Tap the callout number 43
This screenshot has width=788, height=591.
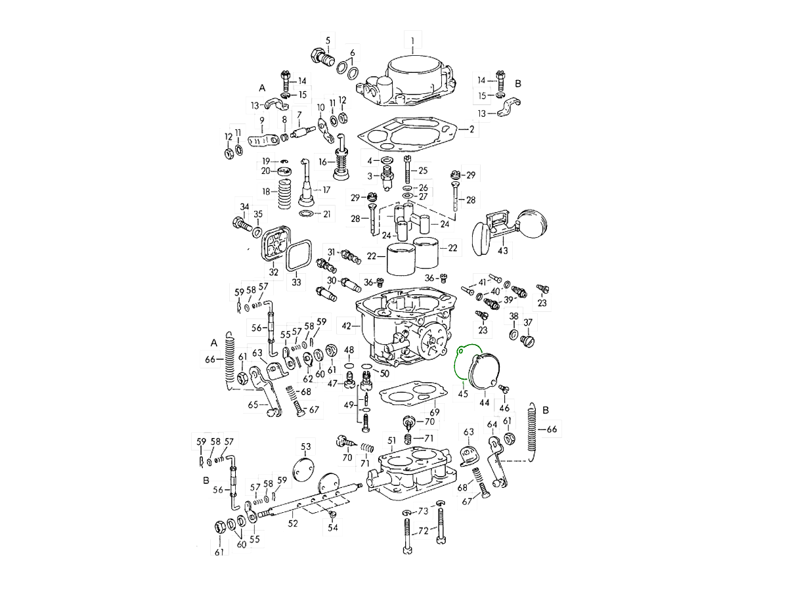click(x=503, y=251)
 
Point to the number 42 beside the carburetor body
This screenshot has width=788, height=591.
click(x=347, y=325)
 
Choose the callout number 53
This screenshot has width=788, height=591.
click(x=306, y=447)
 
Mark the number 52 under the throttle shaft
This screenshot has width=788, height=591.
click(x=293, y=523)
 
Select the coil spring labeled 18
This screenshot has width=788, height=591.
click(x=284, y=192)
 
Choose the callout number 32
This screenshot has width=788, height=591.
click(x=273, y=272)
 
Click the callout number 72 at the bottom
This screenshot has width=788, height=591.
click(x=424, y=530)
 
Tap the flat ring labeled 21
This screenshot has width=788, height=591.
click(x=306, y=215)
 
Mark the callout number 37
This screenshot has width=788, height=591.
click(x=527, y=322)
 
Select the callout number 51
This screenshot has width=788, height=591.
click(x=391, y=440)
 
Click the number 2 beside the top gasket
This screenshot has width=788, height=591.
click(x=471, y=129)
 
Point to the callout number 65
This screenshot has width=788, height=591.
click(x=253, y=405)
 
